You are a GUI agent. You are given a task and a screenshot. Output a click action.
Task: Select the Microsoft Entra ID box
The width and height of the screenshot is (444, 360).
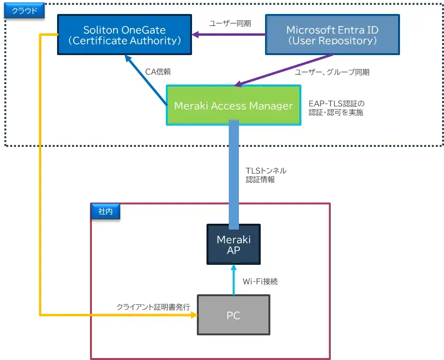point(332,34)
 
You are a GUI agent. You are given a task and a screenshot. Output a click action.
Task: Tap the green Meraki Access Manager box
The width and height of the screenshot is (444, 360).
point(233,105)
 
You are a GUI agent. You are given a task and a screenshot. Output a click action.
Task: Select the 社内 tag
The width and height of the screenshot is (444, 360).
point(105,211)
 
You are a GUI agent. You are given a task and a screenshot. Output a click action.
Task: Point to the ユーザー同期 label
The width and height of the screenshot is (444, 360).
point(230,23)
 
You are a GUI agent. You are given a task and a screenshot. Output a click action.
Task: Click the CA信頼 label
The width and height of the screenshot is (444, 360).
point(158,72)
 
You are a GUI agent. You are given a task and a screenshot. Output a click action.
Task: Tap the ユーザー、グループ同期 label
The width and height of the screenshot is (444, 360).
point(332,72)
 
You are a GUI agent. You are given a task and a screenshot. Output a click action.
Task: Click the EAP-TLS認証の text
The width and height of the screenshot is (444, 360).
point(336,103)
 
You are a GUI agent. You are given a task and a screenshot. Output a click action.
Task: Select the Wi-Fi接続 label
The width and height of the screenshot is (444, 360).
point(260,281)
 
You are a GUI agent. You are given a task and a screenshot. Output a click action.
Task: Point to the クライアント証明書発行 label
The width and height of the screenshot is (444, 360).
point(153,307)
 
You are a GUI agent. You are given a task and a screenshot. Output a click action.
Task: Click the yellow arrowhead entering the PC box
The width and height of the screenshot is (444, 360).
point(194,315)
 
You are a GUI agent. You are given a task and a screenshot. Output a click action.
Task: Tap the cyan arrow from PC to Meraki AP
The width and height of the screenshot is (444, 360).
point(234,280)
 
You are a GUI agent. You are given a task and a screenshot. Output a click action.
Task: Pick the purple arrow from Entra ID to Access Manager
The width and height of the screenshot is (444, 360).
point(285,70)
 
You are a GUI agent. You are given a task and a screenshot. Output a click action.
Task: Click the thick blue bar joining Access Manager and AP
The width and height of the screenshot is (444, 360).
point(234,174)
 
